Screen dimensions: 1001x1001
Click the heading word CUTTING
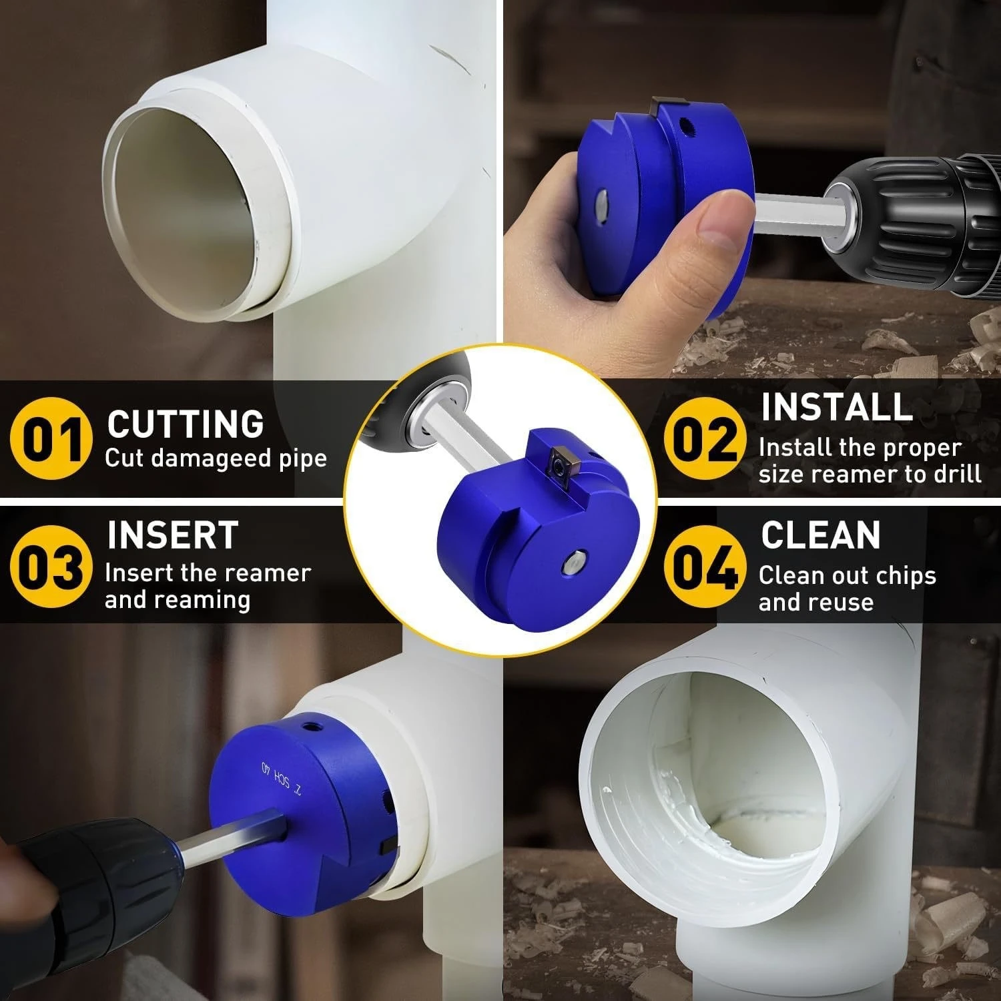click(x=186, y=424)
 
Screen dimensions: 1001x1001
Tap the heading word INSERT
click(x=172, y=535)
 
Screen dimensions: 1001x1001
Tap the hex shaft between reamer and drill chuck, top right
click(x=791, y=204)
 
